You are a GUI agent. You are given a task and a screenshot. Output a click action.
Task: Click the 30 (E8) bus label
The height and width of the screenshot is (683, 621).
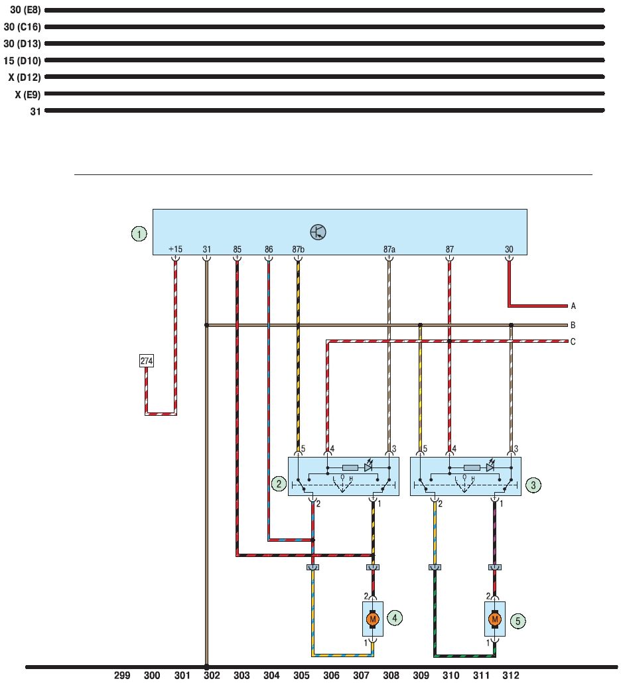point(25,10)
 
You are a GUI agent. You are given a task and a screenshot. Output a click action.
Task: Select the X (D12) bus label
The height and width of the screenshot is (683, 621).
point(25,78)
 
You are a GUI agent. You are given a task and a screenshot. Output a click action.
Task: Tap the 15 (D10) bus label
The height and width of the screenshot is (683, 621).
point(22,60)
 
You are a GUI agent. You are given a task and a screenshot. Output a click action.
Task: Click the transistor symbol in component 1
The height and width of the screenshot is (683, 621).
point(318,231)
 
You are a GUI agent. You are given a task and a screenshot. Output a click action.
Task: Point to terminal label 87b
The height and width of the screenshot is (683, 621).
point(298,249)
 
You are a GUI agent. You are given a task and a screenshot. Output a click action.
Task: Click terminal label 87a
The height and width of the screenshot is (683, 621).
point(389,249)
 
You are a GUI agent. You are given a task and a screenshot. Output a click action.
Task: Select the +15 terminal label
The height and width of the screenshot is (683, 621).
point(175,249)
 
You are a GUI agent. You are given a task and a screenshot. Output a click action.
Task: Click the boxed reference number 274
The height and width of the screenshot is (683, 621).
point(147,361)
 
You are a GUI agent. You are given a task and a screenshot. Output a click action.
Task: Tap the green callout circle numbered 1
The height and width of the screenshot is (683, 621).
point(139,234)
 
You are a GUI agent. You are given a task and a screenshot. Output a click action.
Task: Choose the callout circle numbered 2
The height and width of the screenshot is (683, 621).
point(279,484)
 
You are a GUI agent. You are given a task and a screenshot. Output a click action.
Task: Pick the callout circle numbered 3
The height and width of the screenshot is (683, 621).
point(533,485)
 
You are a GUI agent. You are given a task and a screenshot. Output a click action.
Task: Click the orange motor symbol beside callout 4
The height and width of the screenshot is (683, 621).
point(372,619)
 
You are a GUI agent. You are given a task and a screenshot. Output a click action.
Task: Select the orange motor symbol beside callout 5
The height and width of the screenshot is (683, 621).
point(495,619)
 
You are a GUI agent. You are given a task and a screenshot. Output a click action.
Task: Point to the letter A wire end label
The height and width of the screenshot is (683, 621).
point(573,306)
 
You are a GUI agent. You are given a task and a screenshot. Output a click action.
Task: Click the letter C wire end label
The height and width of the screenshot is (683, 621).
point(573,341)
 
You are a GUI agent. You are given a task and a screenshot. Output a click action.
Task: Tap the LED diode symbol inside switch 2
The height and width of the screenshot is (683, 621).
point(369,466)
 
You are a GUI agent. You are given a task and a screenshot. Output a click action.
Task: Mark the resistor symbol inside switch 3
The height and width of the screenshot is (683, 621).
point(472,467)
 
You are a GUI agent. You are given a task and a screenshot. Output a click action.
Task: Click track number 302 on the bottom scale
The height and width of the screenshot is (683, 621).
point(212,675)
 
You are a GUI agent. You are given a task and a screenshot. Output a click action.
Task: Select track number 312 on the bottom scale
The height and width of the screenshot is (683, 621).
point(511,675)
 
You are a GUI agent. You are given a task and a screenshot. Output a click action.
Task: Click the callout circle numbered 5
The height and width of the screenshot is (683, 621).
point(517,621)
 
